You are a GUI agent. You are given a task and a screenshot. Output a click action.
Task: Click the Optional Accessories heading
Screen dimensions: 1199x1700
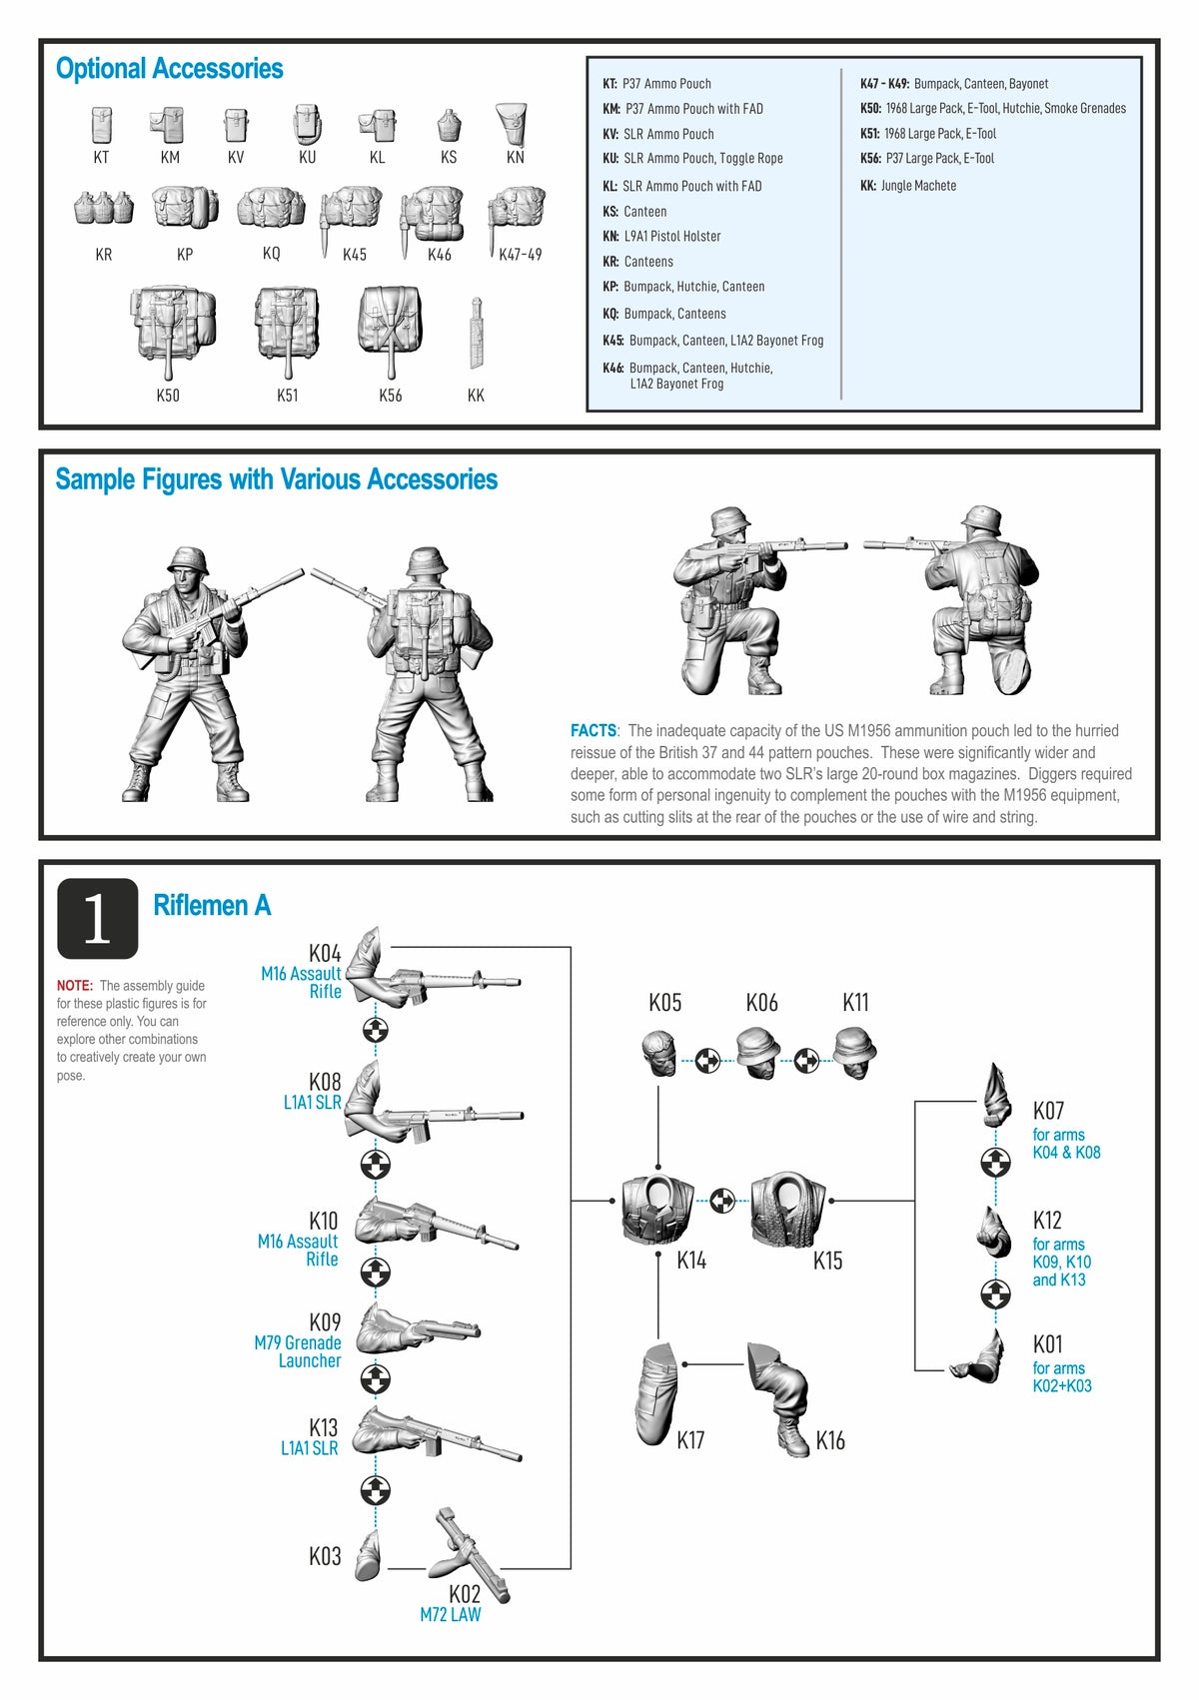169,68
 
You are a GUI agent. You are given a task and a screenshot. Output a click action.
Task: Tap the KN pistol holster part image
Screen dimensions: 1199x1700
512,124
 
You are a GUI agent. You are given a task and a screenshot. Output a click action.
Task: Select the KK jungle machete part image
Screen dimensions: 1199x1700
477,333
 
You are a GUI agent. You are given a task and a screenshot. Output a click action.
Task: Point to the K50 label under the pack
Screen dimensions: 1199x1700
168,396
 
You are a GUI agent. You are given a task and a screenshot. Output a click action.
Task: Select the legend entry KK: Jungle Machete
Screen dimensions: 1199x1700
908,186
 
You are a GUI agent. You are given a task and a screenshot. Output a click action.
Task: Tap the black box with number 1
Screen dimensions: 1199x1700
97,918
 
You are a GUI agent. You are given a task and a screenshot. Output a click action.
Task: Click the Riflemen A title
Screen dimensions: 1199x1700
212,905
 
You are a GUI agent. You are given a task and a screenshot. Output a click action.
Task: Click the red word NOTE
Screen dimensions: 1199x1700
74,986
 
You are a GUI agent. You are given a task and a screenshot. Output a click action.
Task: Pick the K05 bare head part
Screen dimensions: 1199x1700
659,1053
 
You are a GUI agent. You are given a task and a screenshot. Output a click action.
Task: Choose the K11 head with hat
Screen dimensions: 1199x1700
855,1052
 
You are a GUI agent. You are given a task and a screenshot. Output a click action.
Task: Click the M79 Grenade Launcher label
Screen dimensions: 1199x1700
298,1351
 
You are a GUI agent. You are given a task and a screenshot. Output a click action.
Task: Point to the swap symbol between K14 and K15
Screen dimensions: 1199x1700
722,1201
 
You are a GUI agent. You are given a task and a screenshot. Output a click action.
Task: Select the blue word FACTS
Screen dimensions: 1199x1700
594,731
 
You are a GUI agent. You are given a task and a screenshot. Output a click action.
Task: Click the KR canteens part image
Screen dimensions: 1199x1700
103,208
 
